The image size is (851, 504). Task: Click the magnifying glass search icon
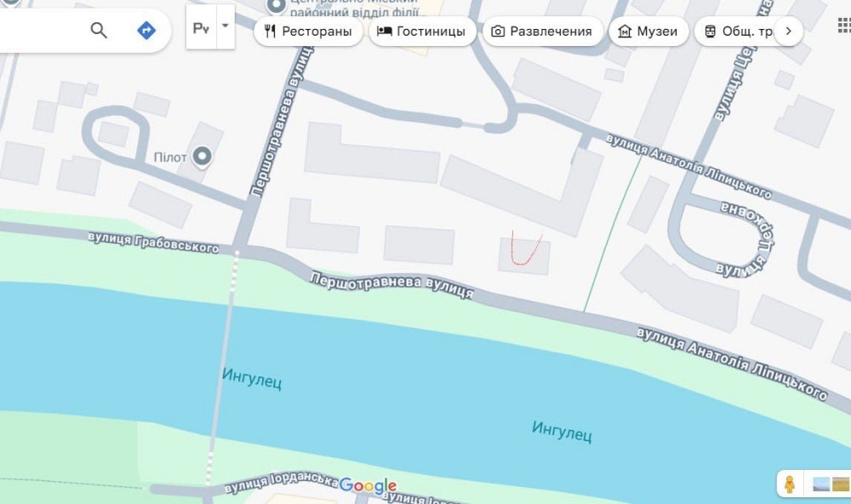(99, 31)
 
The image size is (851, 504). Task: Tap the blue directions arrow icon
(146, 31)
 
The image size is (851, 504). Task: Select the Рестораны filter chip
(308, 31)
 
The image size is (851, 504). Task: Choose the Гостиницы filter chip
(422, 31)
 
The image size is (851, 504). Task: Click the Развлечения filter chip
(542, 31)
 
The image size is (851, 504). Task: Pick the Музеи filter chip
(648, 31)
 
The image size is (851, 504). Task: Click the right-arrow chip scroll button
(788, 31)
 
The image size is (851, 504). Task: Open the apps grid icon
(842, 26)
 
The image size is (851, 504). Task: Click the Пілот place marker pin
(203, 157)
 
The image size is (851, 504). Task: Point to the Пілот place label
(170, 157)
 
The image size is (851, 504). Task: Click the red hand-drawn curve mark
(526, 249)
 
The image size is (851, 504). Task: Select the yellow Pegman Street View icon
(790, 484)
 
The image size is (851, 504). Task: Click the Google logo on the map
(368, 486)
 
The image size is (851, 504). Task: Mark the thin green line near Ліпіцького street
(613, 230)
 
